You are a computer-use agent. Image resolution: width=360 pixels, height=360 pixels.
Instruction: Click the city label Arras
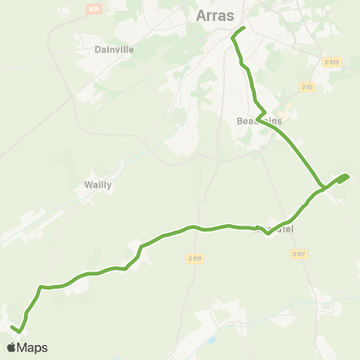(215, 16)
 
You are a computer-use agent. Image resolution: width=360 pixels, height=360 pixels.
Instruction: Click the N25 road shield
(94, 8)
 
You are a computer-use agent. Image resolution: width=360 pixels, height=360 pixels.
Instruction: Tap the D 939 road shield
(332, 62)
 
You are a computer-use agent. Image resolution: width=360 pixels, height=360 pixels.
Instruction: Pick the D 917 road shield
(298, 253)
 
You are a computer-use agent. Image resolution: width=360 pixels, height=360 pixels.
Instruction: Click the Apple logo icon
(11, 347)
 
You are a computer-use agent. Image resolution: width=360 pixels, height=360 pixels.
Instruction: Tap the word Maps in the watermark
(32, 348)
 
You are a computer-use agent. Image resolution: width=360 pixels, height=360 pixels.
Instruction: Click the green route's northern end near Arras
(244, 28)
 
